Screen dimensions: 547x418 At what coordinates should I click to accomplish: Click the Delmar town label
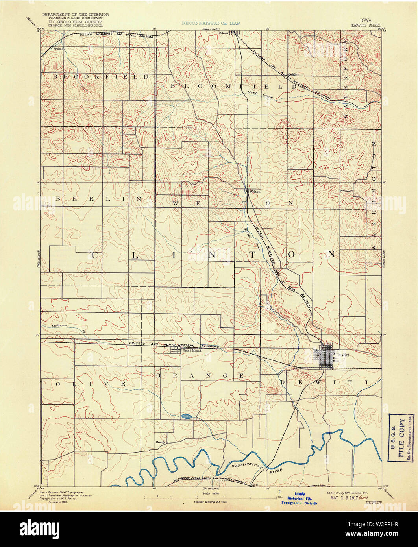click(223, 33)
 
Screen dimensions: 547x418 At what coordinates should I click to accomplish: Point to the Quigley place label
click(293, 74)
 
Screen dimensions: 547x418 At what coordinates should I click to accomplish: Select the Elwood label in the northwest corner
click(59, 49)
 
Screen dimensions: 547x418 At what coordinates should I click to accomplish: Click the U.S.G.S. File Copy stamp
click(401, 437)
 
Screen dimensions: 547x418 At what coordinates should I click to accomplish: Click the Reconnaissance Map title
click(211, 24)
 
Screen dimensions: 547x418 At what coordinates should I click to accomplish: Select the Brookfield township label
click(101, 77)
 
